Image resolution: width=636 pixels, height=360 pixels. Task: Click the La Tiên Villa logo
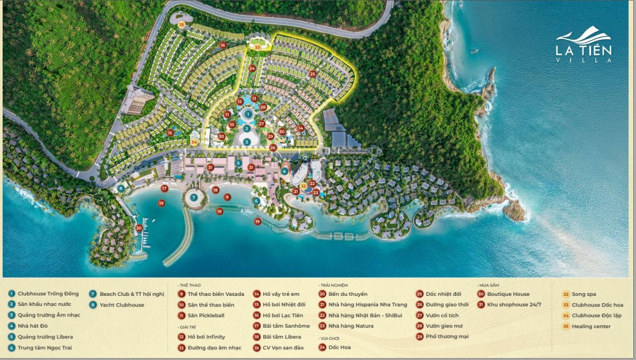click(x=584, y=45)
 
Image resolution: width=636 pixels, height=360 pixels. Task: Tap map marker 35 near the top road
click(x=182, y=24)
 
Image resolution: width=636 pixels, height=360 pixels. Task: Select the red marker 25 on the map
click(x=313, y=74)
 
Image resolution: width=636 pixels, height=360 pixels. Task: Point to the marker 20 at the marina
click(x=139, y=228)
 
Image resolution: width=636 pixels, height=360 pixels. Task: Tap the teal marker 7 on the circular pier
click(x=194, y=197)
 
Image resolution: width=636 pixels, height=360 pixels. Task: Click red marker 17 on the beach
click(x=164, y=188)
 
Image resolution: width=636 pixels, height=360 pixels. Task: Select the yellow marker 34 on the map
click(x=194, y=142)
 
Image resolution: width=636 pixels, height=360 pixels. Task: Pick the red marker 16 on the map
click(x=223, y=46)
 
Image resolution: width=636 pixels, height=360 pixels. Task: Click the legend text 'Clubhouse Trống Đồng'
click(x=48, y=294)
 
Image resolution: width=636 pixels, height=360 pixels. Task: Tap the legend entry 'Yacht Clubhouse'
click(x=121, y=305)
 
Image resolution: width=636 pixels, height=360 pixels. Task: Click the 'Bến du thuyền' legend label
click(x=348, y=294)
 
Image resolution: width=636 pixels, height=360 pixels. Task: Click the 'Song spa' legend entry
click(x=584, y=294)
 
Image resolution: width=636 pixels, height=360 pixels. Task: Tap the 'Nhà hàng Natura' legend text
click(x=351, y=326)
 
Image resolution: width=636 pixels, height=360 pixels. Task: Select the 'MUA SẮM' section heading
click(x=488, y=285)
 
